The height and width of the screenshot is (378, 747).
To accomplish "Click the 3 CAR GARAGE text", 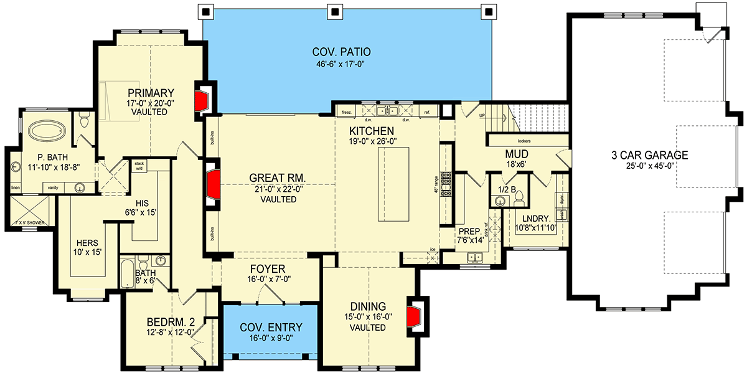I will click(649, 155).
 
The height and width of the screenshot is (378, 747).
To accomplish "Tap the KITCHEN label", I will click(372, 131).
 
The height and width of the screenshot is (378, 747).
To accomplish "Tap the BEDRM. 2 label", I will click(171, 322).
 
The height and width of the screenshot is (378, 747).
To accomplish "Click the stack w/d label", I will click(139, 165).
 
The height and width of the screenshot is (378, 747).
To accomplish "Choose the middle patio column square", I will click(335, 11).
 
